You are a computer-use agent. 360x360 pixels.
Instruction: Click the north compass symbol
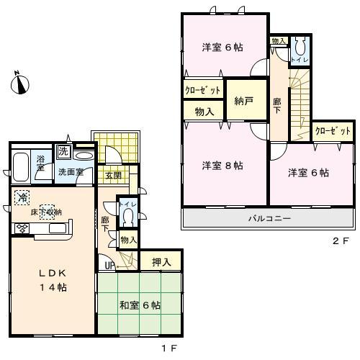(x=19, y=84)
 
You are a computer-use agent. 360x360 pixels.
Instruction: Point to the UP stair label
(x=111, y=266)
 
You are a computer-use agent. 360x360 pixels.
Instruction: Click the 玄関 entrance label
(x=113, y=175)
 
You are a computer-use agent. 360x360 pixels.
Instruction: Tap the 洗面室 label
(x=71, y=173)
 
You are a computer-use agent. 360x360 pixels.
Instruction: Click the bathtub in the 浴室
(x=20, y=167)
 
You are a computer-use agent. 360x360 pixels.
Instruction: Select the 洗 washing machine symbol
(x=64, y=152)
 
